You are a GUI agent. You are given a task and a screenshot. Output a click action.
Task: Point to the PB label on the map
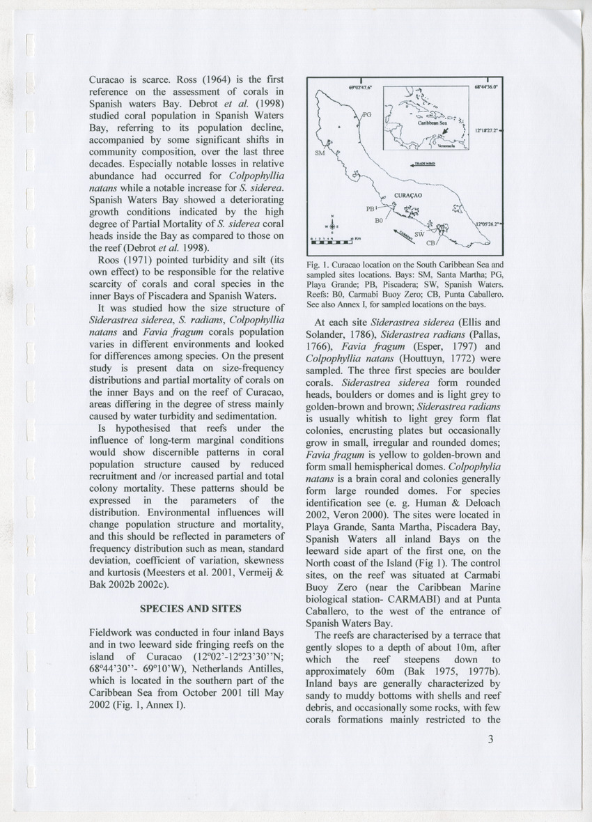click(371, 208)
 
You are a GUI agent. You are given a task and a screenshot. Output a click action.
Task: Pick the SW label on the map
click(419, 235)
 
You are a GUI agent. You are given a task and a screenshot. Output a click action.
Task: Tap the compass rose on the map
click(333, 224)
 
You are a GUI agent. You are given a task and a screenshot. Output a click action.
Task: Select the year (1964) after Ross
click(158, 80)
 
